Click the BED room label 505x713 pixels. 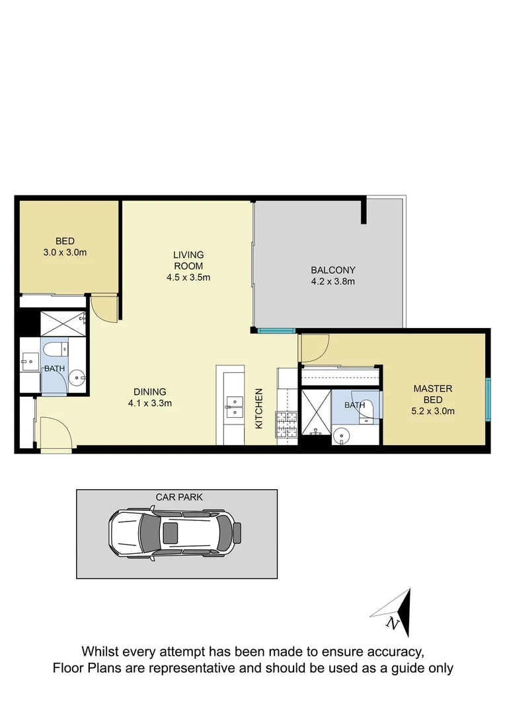tap(65, 241)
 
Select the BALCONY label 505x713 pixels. tap(333, 270)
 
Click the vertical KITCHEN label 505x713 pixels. tap(259, 409)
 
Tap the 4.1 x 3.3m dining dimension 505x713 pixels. tap(150, 403)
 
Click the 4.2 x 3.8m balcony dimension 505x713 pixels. tap(333, 282)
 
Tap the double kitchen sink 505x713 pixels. tap(234, 407)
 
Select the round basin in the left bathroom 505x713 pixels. tap(77, 379)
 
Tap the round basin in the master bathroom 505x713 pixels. tap(341, 435)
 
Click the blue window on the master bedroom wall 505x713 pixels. tap(488, 399)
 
